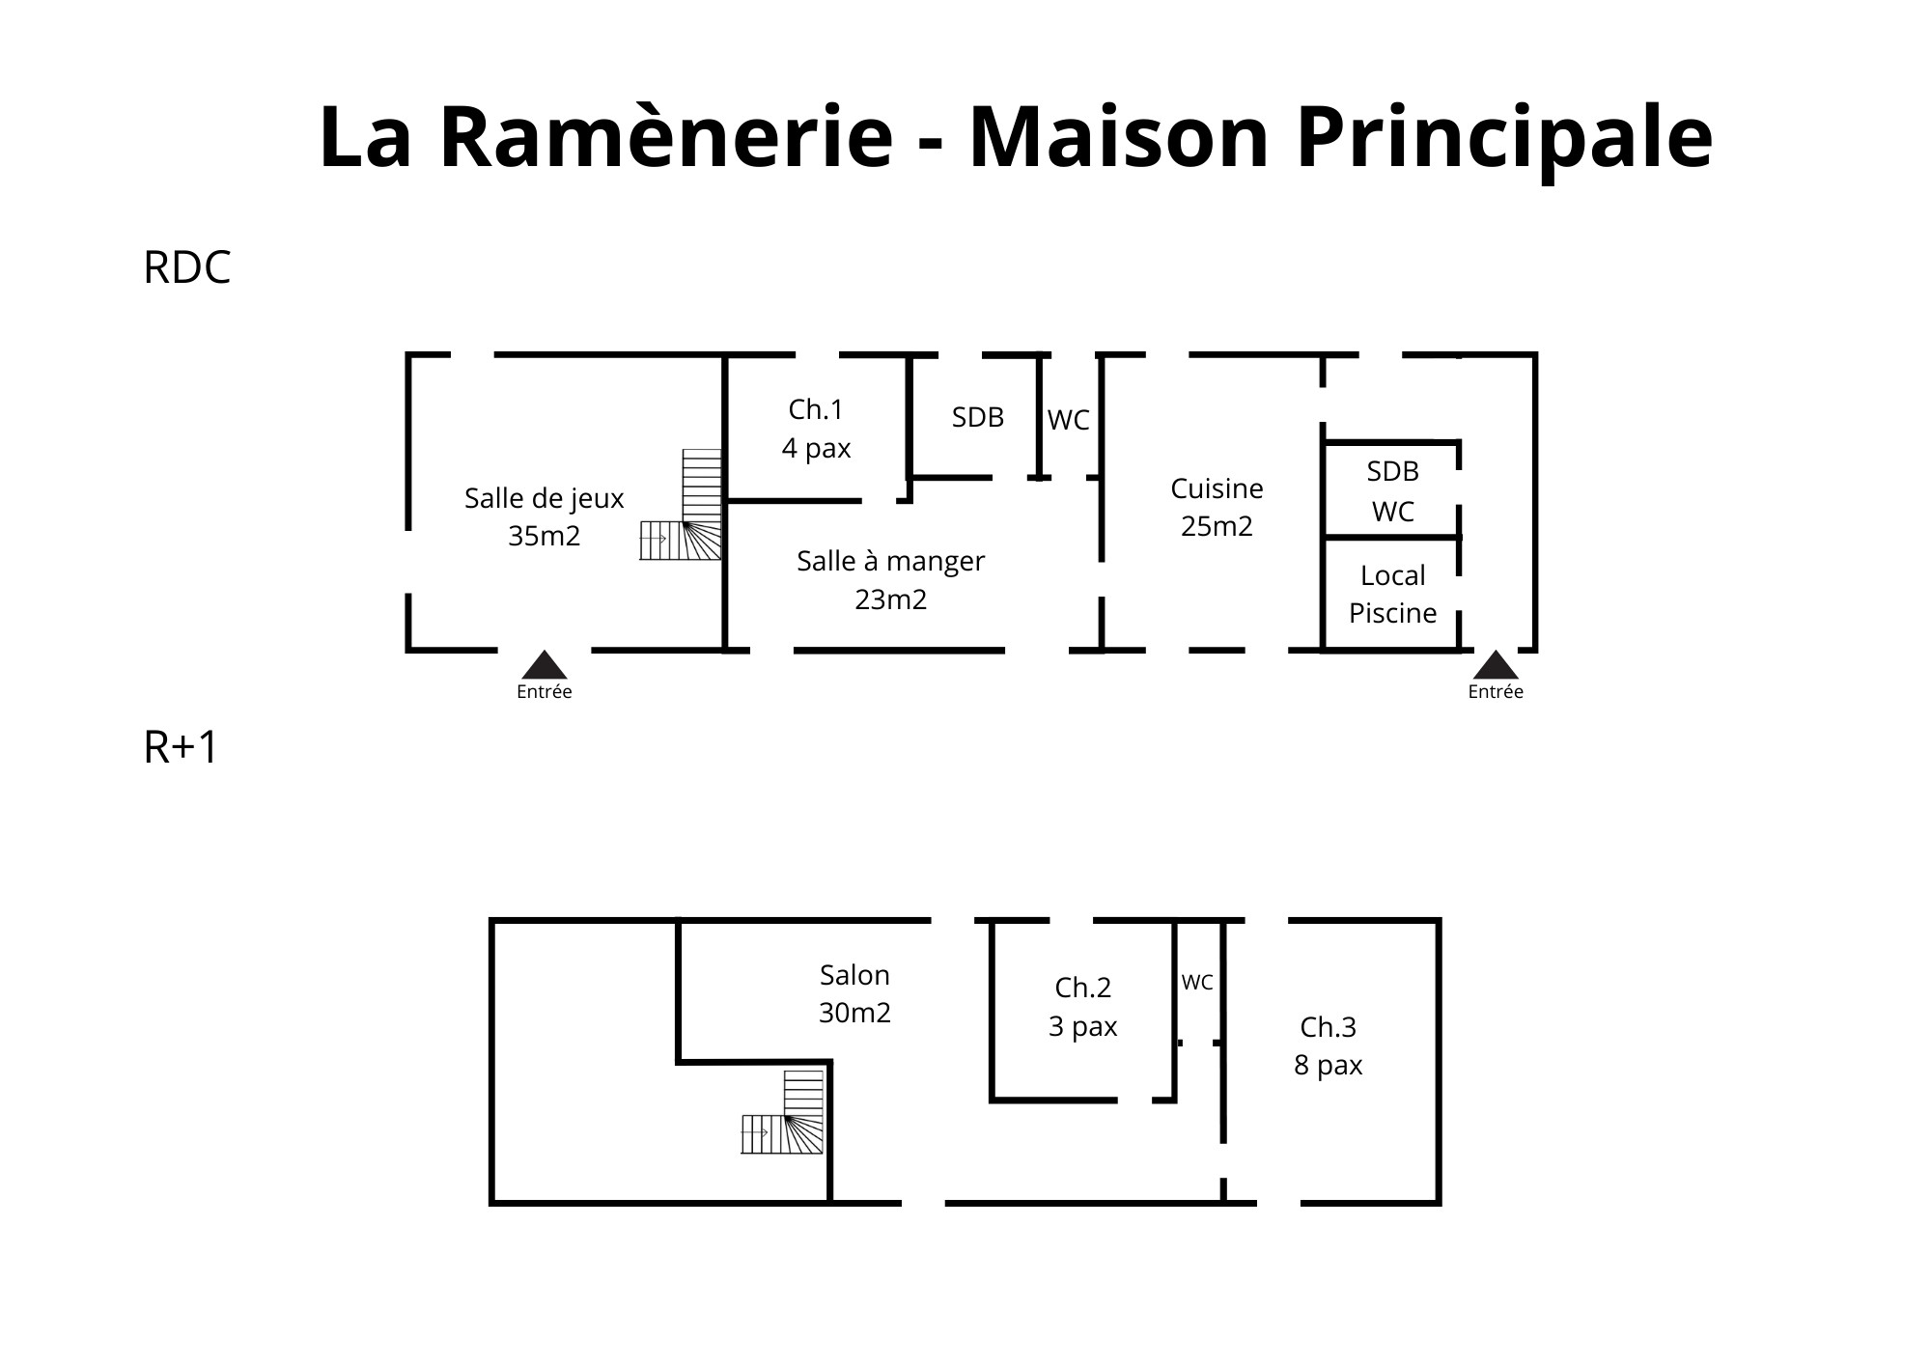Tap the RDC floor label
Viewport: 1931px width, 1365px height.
tap(187, 267)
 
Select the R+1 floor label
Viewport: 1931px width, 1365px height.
tap(181, 747)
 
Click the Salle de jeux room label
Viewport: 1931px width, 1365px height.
tap(545, 499)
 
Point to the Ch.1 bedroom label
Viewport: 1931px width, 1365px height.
tap(816, 410)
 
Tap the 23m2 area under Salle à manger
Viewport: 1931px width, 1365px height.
tap(891, 599)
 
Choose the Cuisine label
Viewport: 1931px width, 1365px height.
tap(1217, 488)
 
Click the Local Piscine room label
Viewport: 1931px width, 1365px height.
tap(1392, 594)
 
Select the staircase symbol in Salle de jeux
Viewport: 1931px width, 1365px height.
tap(681, 505)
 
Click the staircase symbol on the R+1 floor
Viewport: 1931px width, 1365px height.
tap(783, 1112)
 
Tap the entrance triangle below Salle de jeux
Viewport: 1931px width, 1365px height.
tap(545, 665)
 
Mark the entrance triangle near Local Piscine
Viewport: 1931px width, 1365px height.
tap(1496, 665)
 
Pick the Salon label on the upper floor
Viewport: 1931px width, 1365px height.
tap(854, 975)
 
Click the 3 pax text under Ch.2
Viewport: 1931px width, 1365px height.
tap(1082, 1026)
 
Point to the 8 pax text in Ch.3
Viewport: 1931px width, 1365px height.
tap(1329, 1065)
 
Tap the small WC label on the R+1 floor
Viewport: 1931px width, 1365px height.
tap(1197, 983)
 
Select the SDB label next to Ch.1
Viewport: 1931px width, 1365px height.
tap(978, 417)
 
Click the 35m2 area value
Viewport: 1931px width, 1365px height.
tap(545, 536)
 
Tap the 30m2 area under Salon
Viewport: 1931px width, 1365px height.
tap(854, 1013)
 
